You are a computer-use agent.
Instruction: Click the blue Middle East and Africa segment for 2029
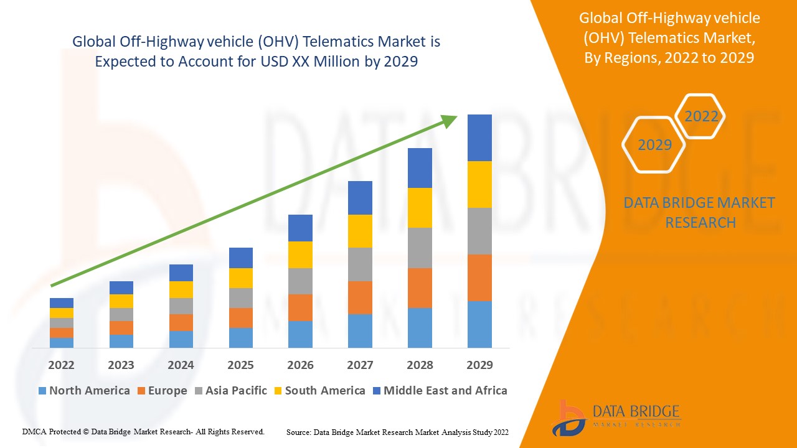(479, 138)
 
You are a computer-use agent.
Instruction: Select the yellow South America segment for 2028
(420, 208)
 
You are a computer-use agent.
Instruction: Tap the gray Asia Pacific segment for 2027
(360, 264)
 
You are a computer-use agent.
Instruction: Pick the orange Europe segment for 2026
(300, 307)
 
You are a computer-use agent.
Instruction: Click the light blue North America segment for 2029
(479, 324)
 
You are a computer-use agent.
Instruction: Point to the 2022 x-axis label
(61, 365)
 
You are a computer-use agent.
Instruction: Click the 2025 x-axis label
(240, 365)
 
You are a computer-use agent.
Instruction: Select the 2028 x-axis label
(420, 365)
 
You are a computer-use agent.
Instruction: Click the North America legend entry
(84, 391)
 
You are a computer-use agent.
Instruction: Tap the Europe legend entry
(162, 391)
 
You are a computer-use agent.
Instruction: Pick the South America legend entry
(319, 391)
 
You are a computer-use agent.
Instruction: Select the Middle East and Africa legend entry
(440, 391)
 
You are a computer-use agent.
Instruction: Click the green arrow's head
(450, 120)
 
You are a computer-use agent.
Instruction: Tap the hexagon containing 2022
(701, 116)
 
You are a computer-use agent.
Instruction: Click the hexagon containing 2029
(654, 145)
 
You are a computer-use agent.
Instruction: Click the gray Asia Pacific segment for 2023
(121, 314)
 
